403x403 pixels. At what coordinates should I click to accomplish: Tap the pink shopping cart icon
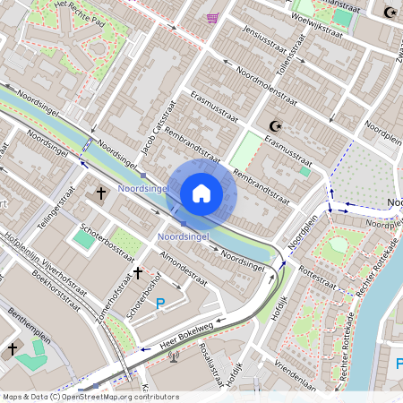point(212,18)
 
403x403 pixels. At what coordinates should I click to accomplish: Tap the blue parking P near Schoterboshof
point(160,304)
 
